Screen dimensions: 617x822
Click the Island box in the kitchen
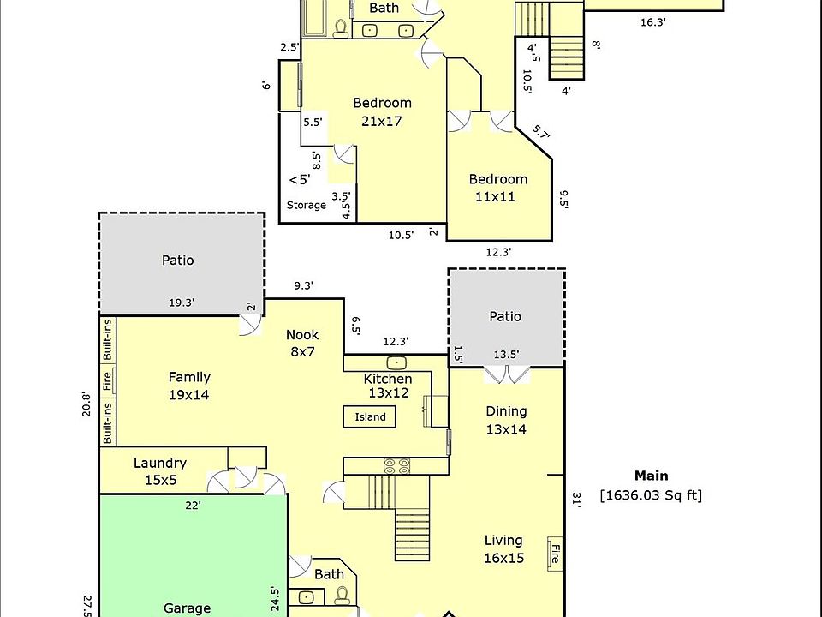pyautogui.click(x=371, y=417)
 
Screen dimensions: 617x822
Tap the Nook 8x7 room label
pyautogui.click(x=302, y=343)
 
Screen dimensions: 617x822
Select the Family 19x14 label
pyautogui.click(x=189, y=386)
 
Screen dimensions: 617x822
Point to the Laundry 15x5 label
pyautogui.click(x=160, y=471)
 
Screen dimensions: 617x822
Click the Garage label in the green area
pyautogui.click(x=187, y=608)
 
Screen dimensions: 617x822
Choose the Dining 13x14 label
pyautogui.click(x=506, y=420)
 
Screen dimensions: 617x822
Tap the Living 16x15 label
pyautogui.click(x=503, y=548)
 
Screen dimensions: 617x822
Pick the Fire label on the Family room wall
pyautogui.click(x=108, y=380)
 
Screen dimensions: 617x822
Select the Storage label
pyautogui.click(x=307, y=206)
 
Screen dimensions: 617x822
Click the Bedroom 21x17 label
pyautogui.click(x=382, y=112)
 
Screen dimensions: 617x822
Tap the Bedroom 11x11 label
pyautogui.click(x=497, y=188)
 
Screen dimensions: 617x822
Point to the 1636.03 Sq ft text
pyautogui.click(x=651, y=495)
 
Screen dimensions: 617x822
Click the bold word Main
pyautogui.click(x=652, y=476)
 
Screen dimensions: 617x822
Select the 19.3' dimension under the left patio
pyautogui.click(x=182, y=303)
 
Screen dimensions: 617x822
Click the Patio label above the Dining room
pyautogui.click(x=505, y=316)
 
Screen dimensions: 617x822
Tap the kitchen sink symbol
pyautogui.click(x=396, y=362)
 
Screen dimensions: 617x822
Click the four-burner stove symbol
pyautogui.click(x=396, y=466)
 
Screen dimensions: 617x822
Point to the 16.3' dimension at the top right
pyautogui.click(x=652, y=23)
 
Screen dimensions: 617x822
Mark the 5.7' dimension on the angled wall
pyautogui.click(x=540, y=132)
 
